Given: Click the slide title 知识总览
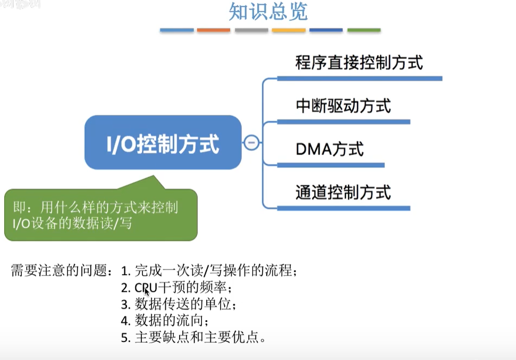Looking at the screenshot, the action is (x=268, y=12).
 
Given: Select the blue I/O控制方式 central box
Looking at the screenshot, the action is (x=163, y=142).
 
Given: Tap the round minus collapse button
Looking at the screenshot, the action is (x=251, y=142).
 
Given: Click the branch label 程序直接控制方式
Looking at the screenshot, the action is (x=359, y=63).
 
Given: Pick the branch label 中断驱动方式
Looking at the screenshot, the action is (x=343, y=106).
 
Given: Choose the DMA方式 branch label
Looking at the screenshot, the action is (x=329, y=149).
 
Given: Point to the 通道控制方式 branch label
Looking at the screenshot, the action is (x=343, y=192).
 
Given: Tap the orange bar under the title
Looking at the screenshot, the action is (x=214, y=30).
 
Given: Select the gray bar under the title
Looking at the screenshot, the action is (x=251, y=30).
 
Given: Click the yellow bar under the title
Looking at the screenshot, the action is (x=289, y=30).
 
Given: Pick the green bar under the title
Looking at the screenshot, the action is (x=364, y=30).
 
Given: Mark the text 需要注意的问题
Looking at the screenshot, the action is (x=61, y=271).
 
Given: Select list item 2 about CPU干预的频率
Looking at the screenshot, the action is (x=176, y=288).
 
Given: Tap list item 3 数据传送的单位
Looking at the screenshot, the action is (x=178, y=305).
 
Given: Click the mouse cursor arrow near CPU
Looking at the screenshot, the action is (x=147, y=291).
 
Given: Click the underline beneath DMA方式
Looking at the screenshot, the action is (x=331, y=165).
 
